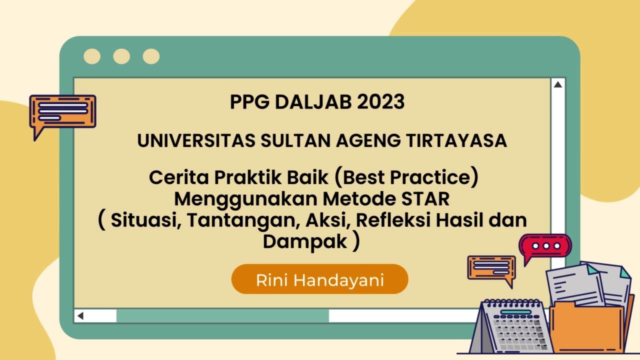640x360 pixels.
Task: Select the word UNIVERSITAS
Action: click(x=196, y=141)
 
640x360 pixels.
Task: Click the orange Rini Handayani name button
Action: click(x=320, y=279)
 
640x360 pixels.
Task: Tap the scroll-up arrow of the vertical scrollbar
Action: click(x=557, y=85)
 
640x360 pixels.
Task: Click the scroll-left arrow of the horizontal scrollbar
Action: click(x=80, y=316)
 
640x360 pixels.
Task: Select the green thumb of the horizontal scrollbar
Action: click(x=222, y=316)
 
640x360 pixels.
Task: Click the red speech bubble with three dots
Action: click(x=545, y=246)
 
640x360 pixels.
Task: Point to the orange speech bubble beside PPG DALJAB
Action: click(x=62, y=111)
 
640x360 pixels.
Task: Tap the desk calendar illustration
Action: click(x=512, y=327)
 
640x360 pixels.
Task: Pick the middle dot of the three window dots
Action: click(x=121, y=56)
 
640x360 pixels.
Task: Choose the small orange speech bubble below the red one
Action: click(x=491, y=267)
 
